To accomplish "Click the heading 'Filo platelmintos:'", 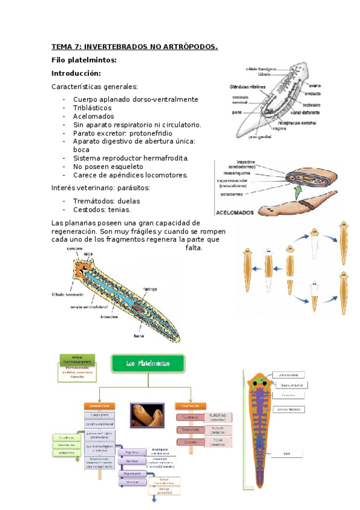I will [x=84, y=60].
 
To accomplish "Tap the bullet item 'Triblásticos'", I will [x=92, y=108].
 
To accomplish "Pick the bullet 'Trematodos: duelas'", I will [x=106, y=201].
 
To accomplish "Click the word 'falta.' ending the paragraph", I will [x=194, y=248].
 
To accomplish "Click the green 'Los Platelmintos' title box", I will [x=148, y=363].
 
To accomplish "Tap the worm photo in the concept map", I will [x=147, y=415].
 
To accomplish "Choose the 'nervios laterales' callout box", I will [x=287, y=410].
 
